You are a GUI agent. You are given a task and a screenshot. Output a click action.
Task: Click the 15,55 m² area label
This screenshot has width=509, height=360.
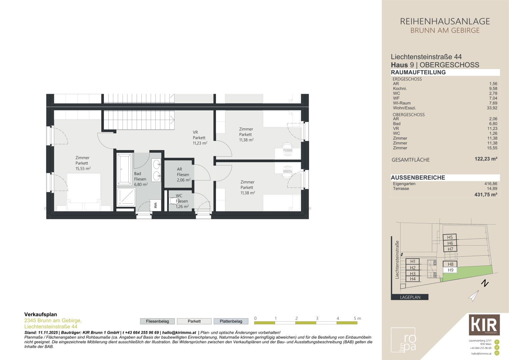click(x=83, y=168)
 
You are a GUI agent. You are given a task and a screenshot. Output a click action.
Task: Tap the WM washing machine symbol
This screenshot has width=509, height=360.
click(x=155, y=205)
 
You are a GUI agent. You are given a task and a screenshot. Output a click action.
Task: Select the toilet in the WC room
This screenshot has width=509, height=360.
click(x=174, y=201)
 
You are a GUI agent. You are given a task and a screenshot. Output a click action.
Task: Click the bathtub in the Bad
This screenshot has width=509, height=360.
click(x=124, y=169)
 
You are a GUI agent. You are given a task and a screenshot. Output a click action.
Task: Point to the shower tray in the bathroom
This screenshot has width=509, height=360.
click(x=126, y=197)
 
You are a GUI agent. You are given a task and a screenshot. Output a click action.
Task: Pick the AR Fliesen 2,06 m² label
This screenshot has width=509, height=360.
click(x=184, y=175)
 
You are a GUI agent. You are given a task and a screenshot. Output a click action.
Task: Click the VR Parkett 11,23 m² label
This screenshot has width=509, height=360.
click(x=200, y=138)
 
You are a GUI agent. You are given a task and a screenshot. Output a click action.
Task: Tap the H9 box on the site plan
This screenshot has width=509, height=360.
click(x=450, y=270)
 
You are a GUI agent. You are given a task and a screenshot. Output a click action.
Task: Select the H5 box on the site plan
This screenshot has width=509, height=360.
click(x=450, y=237)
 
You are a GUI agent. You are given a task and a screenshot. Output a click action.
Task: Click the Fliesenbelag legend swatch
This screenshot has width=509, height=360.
click(x=157, y=321)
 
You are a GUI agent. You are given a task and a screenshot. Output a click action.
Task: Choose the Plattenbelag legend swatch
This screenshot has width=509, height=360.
click(x=231, y=321)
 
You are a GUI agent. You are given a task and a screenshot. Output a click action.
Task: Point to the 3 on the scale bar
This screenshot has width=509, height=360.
click(x=317, y=318)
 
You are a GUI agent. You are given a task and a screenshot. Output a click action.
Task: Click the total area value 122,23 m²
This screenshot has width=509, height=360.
click(x=486, y=159)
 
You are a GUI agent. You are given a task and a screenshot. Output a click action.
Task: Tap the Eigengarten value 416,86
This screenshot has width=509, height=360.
click(x=491, y=184)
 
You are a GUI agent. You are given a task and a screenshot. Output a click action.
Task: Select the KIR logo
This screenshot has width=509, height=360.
click(x=484, y=325)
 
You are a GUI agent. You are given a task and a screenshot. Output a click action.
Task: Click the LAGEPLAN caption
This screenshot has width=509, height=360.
click(x=410, y=297)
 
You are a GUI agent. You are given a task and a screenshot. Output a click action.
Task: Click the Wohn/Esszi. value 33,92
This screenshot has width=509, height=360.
click(x=492, y=108)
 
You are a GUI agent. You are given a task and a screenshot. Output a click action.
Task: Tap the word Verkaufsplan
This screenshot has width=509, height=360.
click(x=41, y=314)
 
